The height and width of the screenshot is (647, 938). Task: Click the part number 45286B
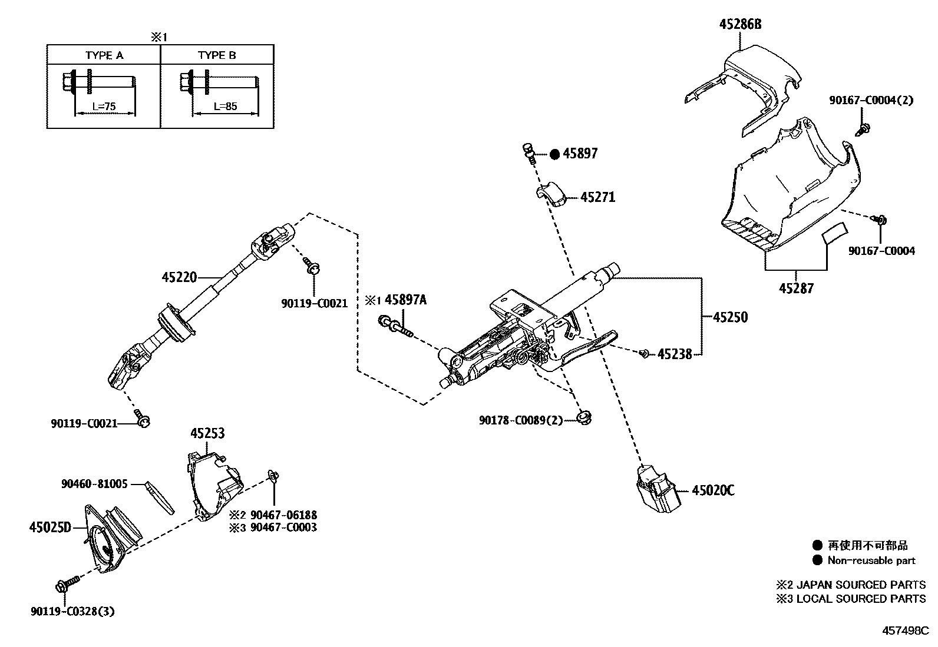740,24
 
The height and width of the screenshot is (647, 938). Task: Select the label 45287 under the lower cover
796,288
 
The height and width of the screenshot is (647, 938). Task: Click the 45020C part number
713,490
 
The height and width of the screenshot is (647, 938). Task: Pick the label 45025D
49,527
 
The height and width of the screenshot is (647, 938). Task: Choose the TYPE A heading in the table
104,55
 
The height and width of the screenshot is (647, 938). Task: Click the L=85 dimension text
225,107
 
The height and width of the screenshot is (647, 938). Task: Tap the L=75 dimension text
105,107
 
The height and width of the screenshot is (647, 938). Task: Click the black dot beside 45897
554,154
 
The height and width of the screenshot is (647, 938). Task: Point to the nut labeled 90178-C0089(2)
584,418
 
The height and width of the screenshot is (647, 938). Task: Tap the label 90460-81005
94,484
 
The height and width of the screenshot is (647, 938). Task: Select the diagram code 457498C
905,631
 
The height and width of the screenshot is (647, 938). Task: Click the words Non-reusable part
871,560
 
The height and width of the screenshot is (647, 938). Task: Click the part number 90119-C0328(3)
72,611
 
